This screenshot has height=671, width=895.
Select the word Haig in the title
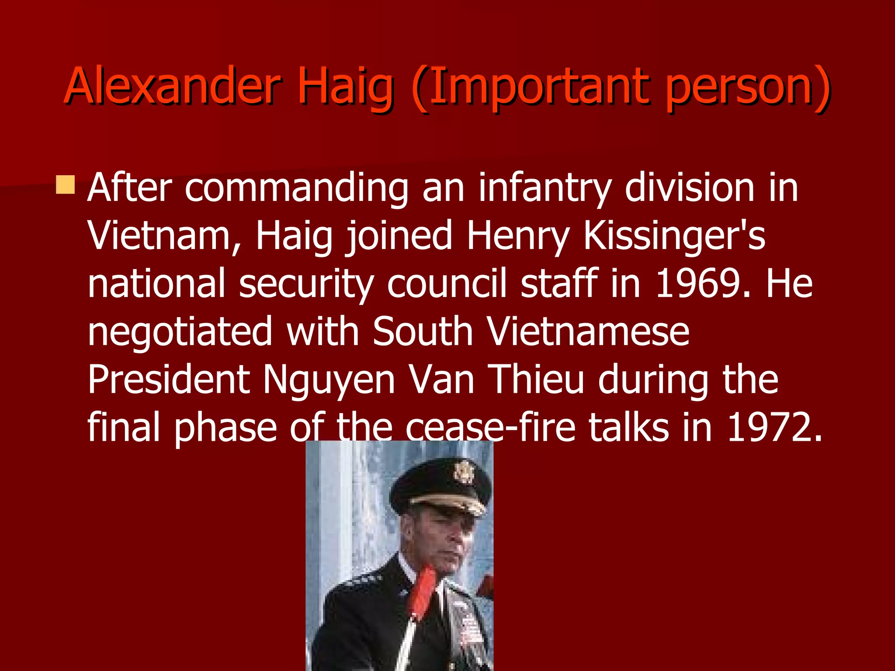[x=345, y=87]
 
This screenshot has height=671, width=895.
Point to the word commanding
[x=297, y=189]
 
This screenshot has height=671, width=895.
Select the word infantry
[x=544, y=189]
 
